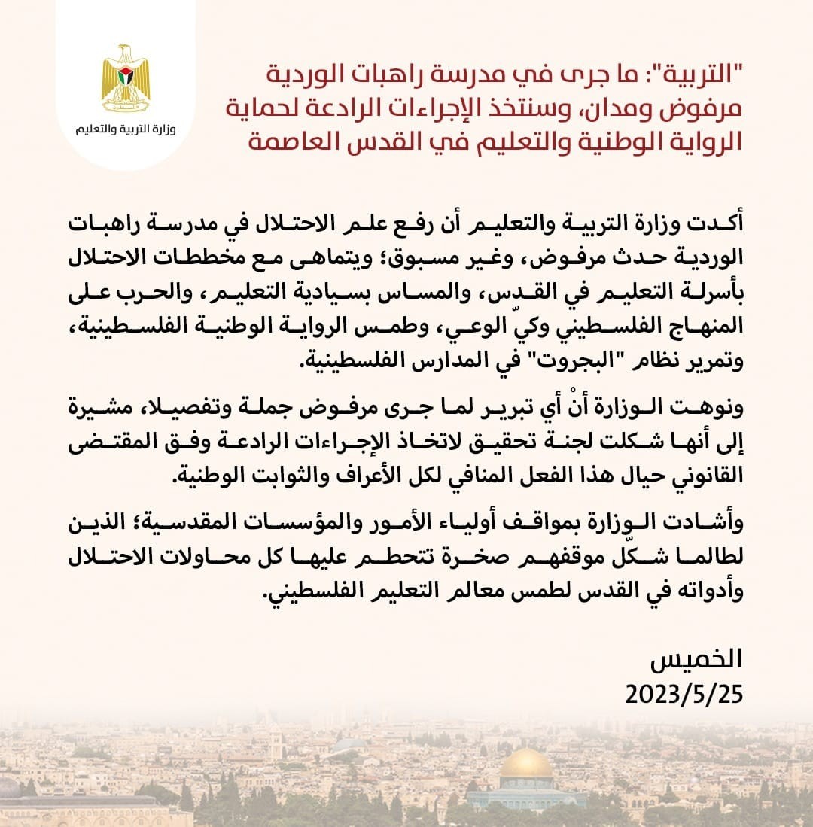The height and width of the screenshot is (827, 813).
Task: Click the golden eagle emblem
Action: (126, 78)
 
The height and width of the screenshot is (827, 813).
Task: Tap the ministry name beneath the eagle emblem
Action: (126, 129)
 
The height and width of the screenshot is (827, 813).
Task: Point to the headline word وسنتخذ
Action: (549, 108)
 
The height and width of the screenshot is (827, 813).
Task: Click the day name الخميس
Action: (696, 659)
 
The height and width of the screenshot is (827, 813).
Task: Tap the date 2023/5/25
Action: (684, 693)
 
